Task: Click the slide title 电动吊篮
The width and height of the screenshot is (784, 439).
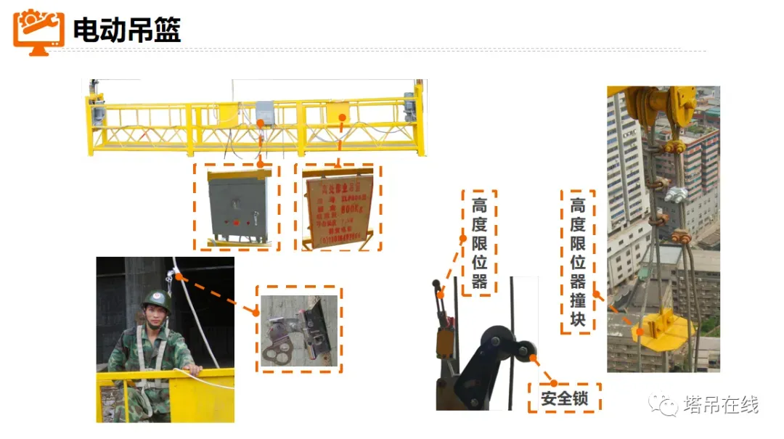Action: [127, 30]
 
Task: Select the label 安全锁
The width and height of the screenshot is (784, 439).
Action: [563, 398]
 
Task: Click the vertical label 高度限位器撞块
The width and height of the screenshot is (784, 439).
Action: [577, 262]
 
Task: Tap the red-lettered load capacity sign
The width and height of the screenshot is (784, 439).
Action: [339, 208]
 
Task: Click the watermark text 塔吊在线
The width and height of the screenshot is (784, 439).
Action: [721, 405]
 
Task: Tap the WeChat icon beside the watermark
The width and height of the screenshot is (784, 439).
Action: [663, 404]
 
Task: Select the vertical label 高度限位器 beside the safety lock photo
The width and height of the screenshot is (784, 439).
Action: [479, 242]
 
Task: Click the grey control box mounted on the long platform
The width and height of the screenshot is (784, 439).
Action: [264, 112]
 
